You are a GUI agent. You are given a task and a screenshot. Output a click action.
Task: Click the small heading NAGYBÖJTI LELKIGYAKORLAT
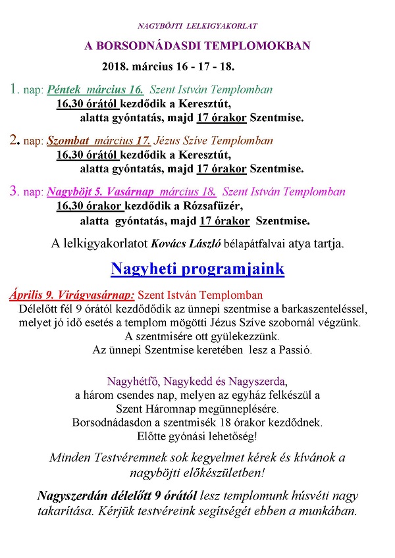[197, 26]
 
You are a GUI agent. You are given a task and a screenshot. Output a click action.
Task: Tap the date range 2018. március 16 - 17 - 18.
[169, 67]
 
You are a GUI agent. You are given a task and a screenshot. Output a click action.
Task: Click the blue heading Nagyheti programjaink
[197, 269]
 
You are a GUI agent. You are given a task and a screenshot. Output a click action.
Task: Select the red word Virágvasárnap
[95, 295]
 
